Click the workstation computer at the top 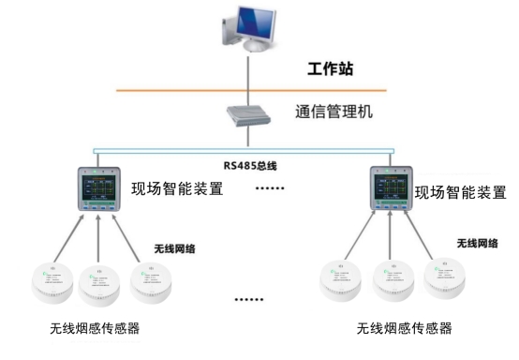[250, 28]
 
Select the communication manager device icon [249, 116]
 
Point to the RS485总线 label [250, 165]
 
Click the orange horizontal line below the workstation [187, 90]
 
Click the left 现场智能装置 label [178, 190]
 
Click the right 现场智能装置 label [461, 193]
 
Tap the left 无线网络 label [175, 249]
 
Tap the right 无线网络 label [477, 244]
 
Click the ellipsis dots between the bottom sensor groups [248, 302]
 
